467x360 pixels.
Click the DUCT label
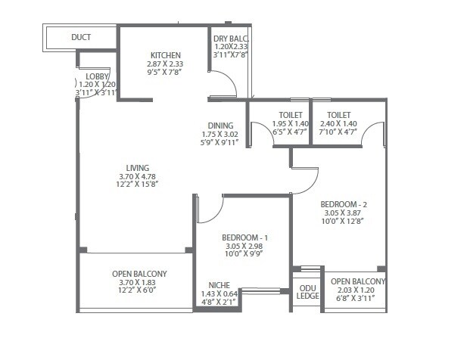[x=81, y=36]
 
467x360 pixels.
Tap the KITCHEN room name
[x=165, y=55]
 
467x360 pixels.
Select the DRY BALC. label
[x=231, y=39]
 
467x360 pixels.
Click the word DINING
[x=221, y=126]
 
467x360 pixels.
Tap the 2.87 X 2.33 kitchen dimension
[x=165, y=64]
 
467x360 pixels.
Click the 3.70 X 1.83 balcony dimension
[x=139, y=282]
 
